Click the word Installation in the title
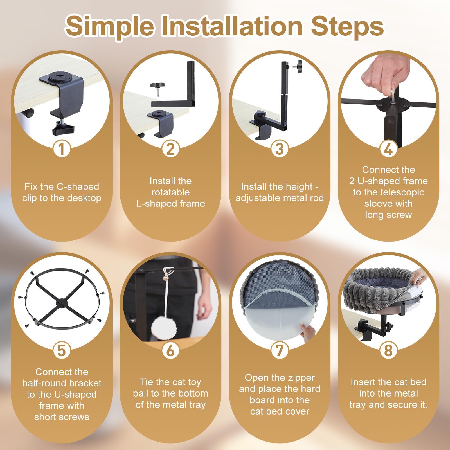[x=232, y=26]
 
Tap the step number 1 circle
[x=62, y=149]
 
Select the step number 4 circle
[x=388, y=149]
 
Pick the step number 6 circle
[x=170, y=350]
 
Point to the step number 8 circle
[x=388, y=350]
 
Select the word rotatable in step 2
[x=170, y=192]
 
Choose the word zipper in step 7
[x=301, y=378]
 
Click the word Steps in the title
[x=347, y=26]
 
